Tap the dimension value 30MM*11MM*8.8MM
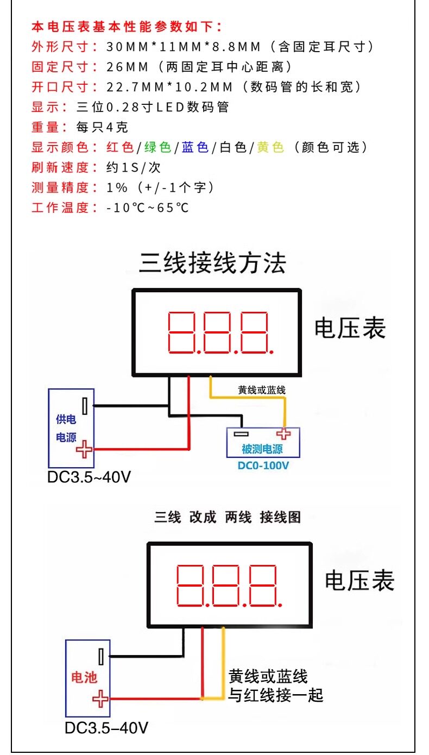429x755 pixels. click(184, 47)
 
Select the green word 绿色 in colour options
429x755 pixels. click(157, 147)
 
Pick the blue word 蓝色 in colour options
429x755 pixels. click(195, 147)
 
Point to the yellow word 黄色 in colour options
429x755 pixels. click(270, 147)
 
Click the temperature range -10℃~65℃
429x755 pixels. click(147, 207)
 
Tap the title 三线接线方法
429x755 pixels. click(213, 263)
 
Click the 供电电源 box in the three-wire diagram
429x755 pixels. click(71, 428)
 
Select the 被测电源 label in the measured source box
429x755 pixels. click(262, 449)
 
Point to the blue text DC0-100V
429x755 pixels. click(263, 465)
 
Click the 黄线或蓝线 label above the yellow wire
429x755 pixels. click(262, 390)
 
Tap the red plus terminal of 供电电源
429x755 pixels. click(84, 449)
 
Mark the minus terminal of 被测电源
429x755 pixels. click(241, 434)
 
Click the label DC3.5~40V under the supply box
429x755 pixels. click(89, 477)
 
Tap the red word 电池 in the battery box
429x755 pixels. click(84, 677)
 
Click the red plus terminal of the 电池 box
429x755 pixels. click(100, 699)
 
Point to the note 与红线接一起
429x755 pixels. click(276, 695)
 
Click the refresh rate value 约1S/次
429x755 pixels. click(134, 167)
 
